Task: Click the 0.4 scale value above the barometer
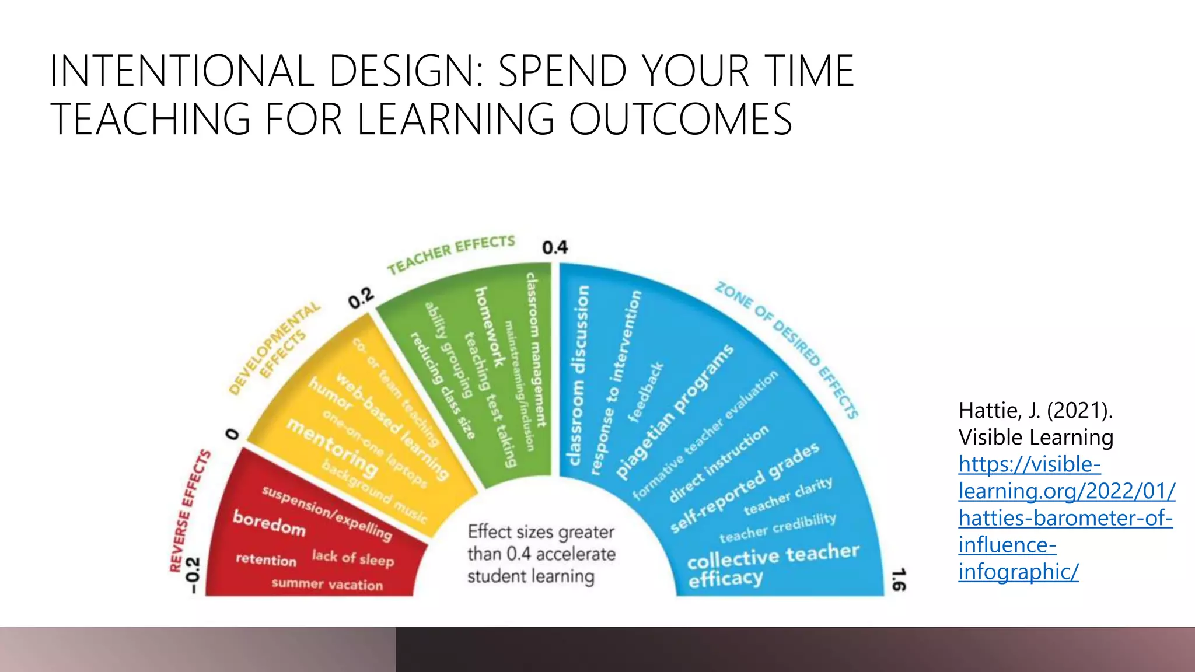point(554,248)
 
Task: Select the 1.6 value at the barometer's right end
point(899,579)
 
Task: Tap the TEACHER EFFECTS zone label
point(451,254)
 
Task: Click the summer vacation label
point(327,584)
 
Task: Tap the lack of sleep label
point(352,558)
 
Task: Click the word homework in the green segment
point(490,327)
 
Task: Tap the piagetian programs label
point(675,411)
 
